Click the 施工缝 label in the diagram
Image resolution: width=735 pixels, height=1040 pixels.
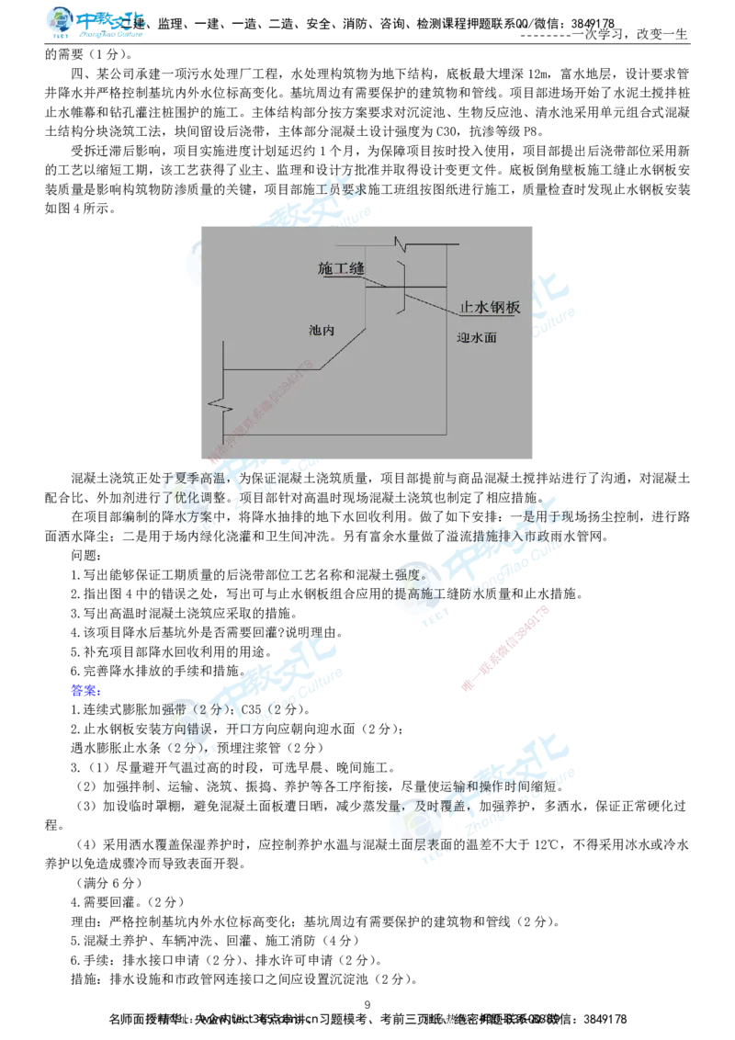[341, 268]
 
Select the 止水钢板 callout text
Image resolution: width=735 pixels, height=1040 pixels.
[490, 308]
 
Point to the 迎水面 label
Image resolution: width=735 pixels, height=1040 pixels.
[477, 337]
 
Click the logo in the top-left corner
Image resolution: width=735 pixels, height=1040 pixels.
[95, 22]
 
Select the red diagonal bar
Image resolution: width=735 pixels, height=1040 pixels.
[506, 647]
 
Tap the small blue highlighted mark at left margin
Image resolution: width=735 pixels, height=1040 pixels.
[84, 691]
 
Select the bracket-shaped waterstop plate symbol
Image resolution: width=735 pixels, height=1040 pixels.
[402, 288]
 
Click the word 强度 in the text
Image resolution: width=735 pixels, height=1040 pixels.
[405, 575]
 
